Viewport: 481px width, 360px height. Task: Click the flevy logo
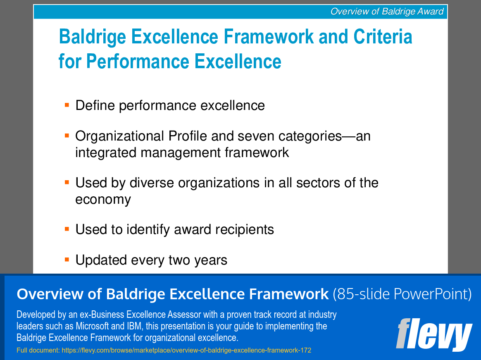point(434,335)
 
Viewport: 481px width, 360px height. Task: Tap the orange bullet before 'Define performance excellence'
point(67,105)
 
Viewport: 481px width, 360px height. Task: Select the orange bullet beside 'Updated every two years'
point(67,260)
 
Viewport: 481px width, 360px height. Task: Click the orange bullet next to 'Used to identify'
point(67,229)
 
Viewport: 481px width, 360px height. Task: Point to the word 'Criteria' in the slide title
point(383,37)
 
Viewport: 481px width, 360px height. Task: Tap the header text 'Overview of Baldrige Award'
point(387,12)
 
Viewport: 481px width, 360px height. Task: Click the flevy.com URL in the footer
point(186,350)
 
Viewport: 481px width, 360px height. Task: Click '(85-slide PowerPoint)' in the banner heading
point(402,294)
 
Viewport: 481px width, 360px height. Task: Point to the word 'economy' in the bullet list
point(103,200)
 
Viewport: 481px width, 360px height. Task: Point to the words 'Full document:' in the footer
point(38,350)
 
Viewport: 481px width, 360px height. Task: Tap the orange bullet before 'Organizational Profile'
point(67,135)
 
